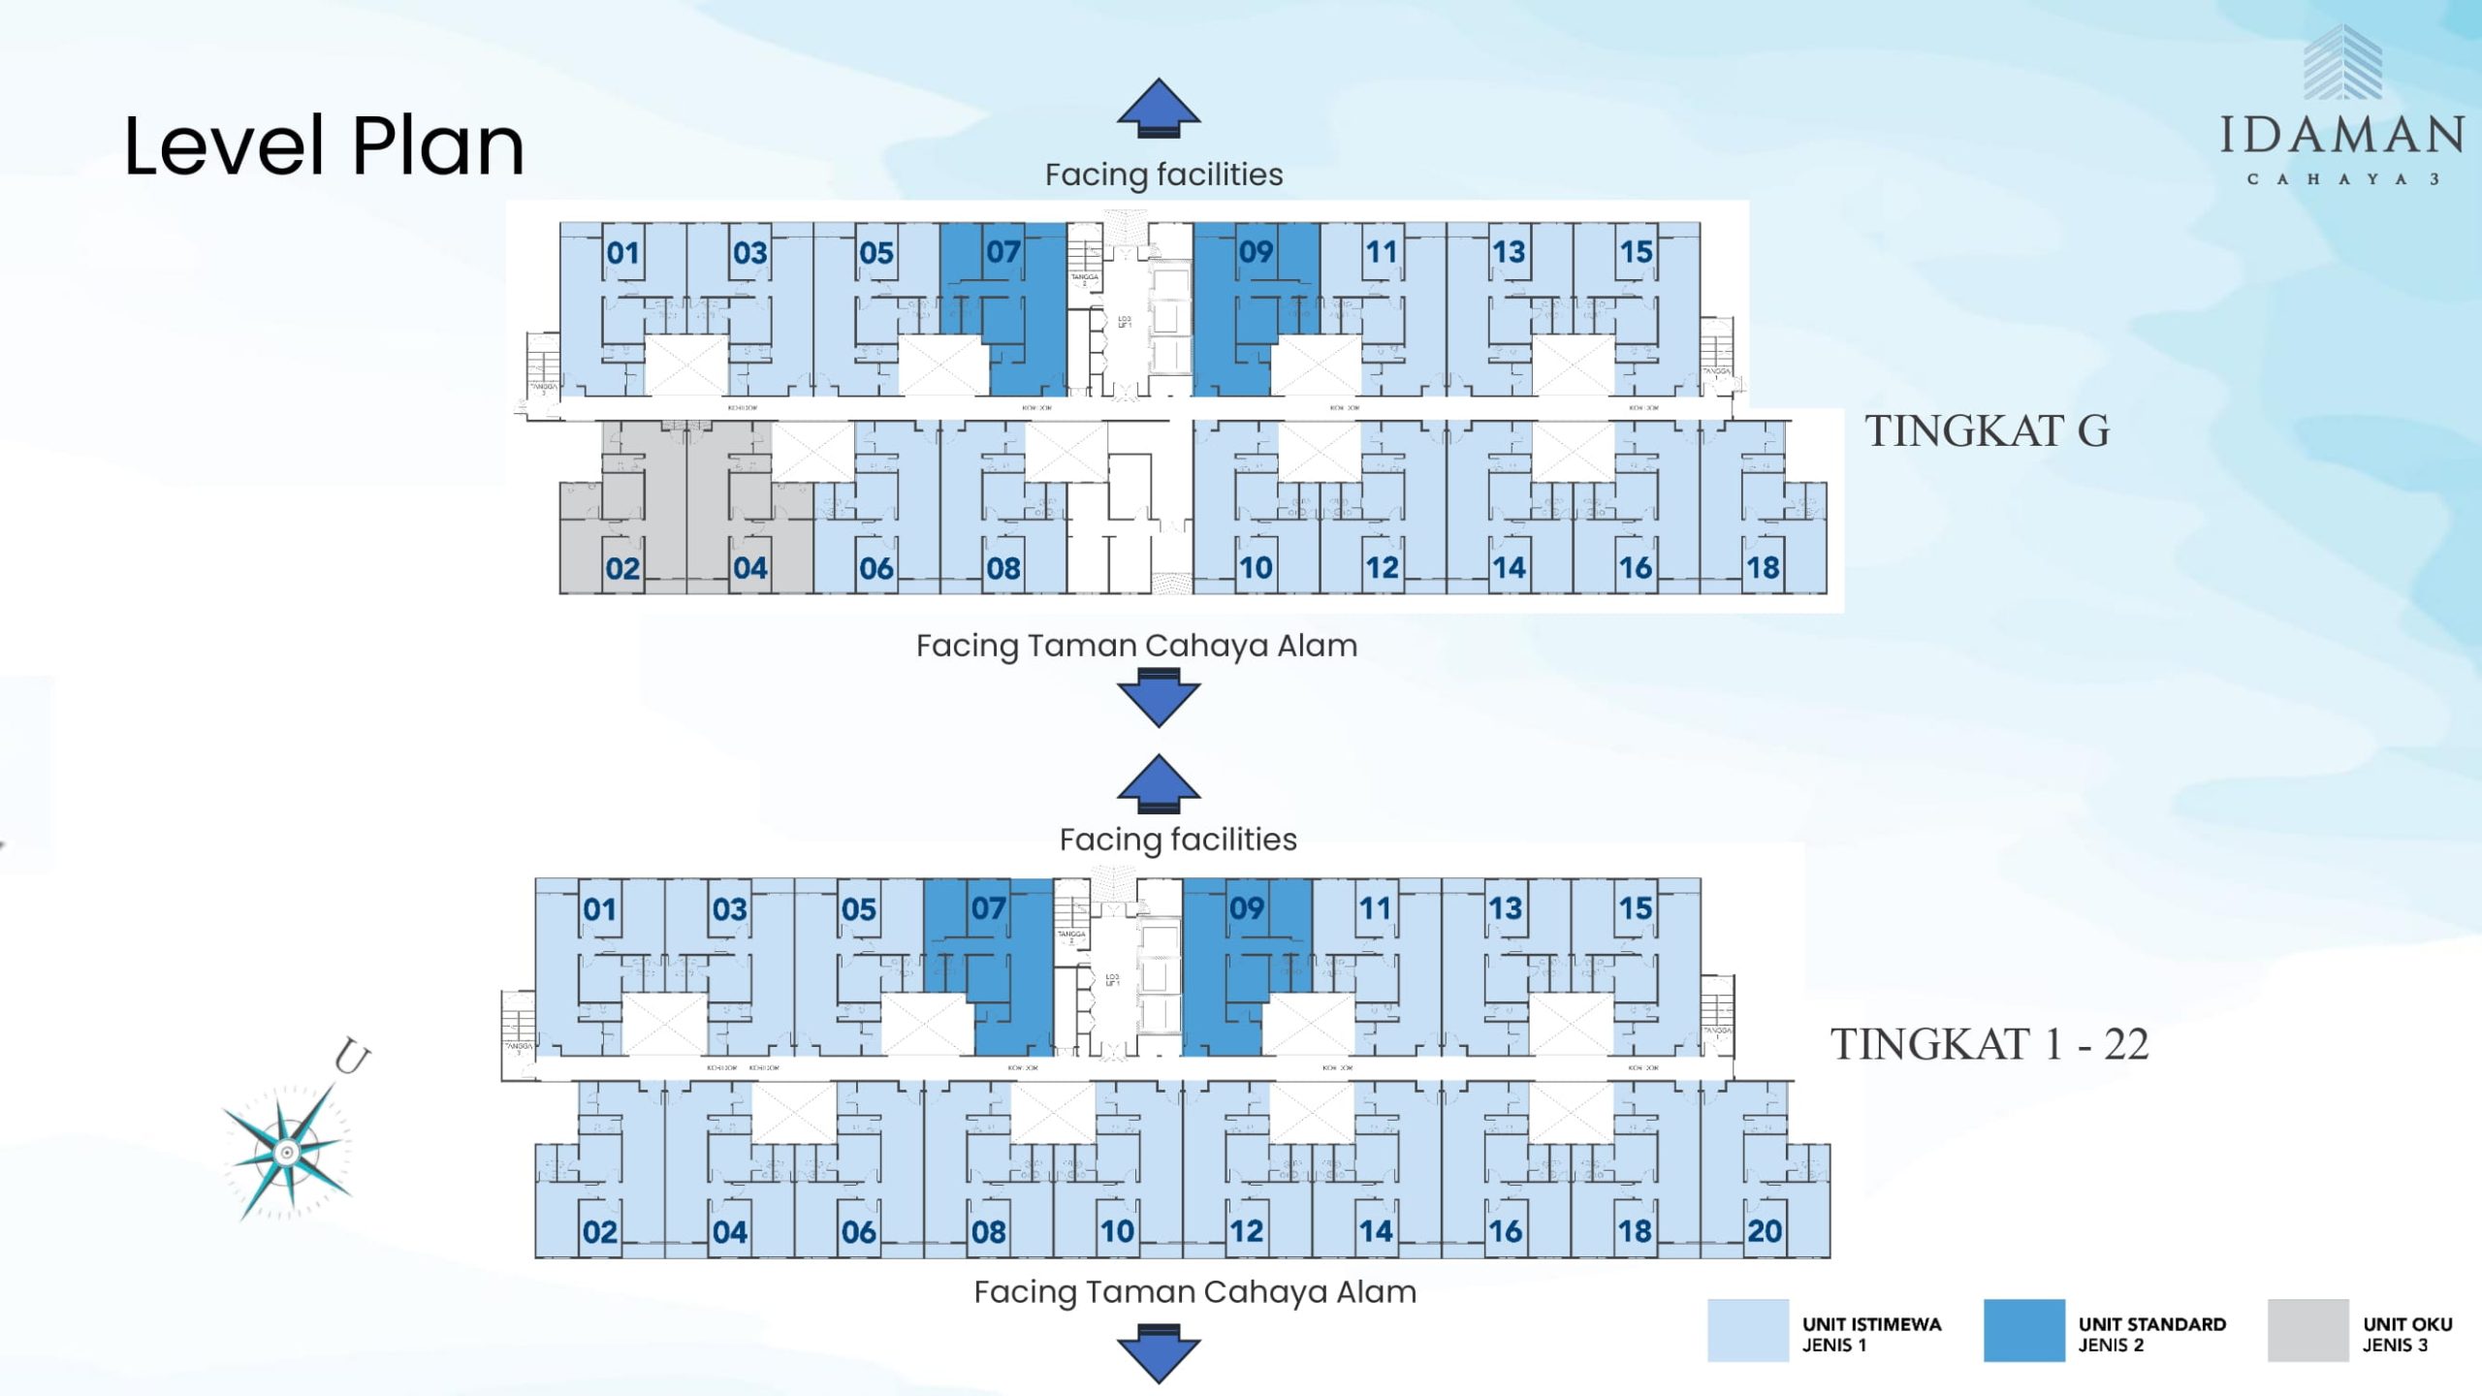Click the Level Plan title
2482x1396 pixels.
[324, 146]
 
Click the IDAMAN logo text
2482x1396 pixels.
[2341, 136]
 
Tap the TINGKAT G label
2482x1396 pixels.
[1988, 431]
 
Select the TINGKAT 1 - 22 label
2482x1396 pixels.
[1989, 1045]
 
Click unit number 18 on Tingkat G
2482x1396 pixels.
[1763, 567]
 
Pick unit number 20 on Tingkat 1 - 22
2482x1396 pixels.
[1765, 1231]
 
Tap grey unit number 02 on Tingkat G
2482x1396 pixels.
[622, 568]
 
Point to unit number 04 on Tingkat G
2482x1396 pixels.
[749, 568]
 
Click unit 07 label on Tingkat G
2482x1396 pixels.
[1003, 252]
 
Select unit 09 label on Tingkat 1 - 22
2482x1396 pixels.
[1247, 908]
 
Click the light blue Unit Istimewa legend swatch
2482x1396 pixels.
[1747, 1331]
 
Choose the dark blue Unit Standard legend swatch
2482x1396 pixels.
[2023, 1331]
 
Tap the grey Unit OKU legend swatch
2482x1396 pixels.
[2307, 1331]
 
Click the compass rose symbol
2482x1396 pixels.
[287, 1151]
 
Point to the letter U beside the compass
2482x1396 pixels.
[351, 1056]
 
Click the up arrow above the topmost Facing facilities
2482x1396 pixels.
[1159, 107]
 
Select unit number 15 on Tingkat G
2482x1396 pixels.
[1636, 252]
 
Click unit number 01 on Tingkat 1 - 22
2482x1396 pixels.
[599, 909]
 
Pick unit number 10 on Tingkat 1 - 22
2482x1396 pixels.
[1117, 1231]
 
